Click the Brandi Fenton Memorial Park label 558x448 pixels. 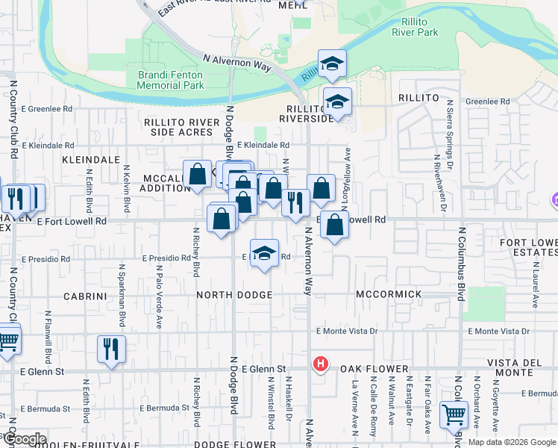point(171,80)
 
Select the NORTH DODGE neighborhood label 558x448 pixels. point(234,296)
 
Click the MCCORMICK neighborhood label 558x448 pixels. point(389,295)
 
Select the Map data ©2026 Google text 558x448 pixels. point(512,442)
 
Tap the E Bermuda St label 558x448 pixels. point(166,408)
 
